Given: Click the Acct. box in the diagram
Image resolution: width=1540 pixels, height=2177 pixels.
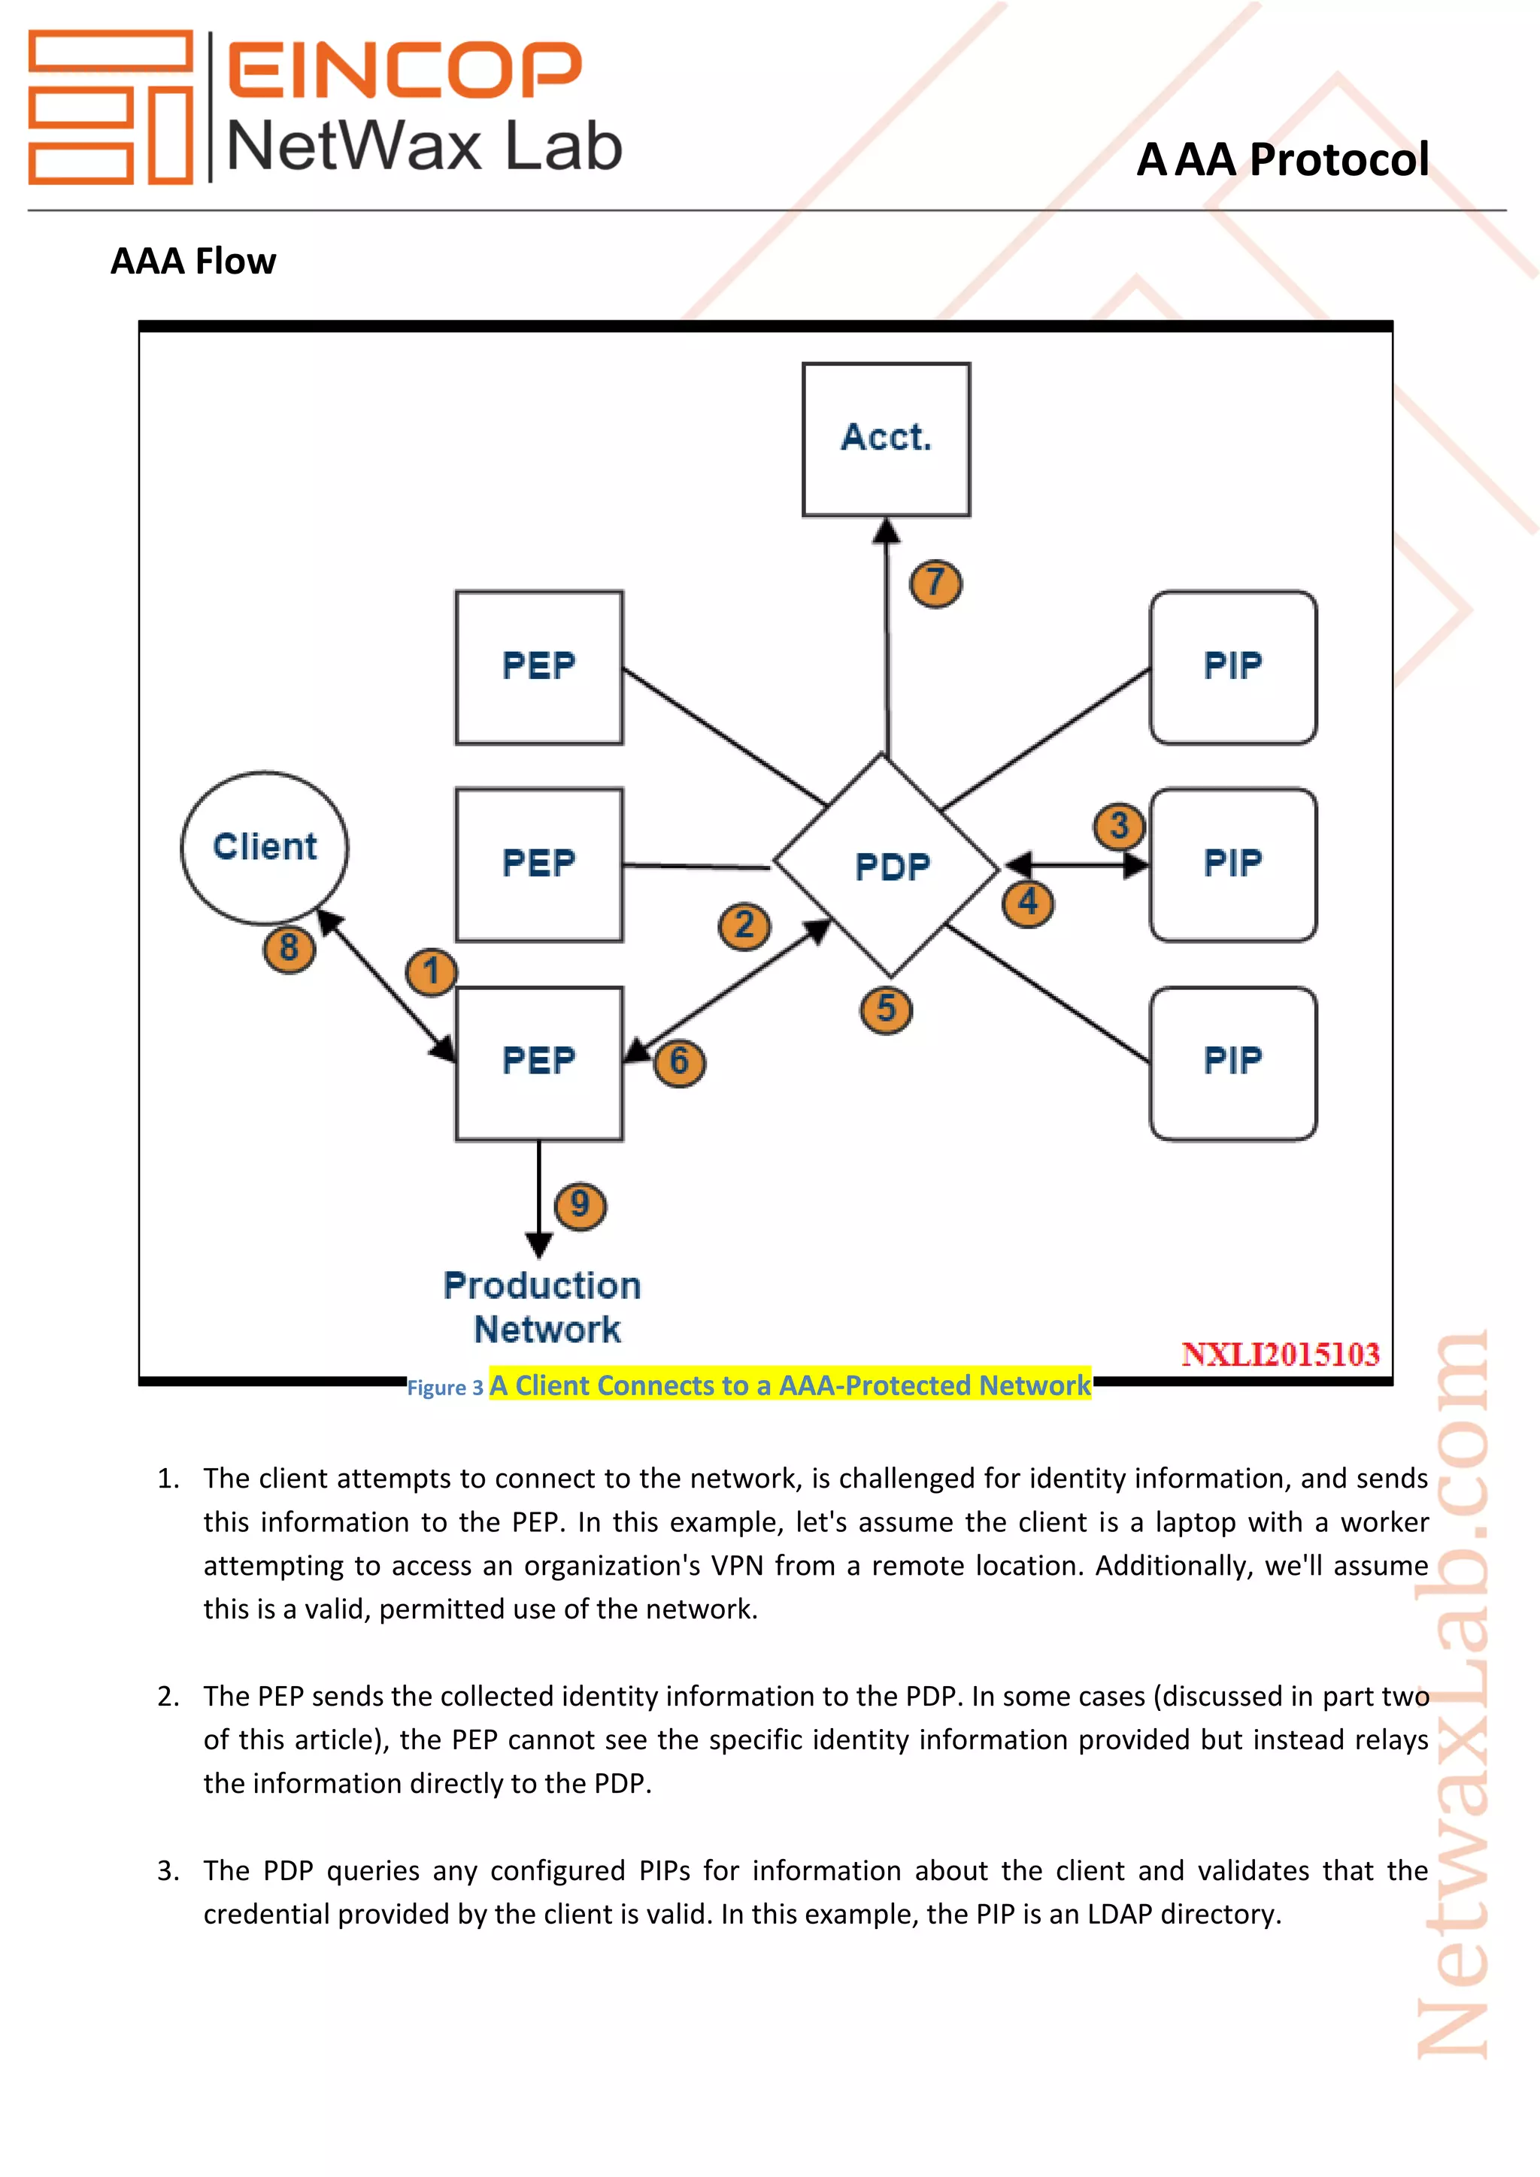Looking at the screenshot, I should pos(886,439).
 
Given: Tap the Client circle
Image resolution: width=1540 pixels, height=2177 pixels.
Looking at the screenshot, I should pos(265,846).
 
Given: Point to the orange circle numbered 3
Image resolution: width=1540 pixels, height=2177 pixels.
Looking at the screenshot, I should pos(1119,826).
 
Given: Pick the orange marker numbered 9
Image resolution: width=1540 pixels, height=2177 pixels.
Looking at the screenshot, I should pos(580,1205).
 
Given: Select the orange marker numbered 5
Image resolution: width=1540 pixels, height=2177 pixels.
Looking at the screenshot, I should pos(886,1009).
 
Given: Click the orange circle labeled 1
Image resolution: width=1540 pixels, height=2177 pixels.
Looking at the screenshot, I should pos(432,972).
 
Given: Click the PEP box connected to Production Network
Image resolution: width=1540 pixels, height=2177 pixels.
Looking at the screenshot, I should pos(538,1062).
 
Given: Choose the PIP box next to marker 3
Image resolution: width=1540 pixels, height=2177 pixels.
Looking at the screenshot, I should pos(1232,864).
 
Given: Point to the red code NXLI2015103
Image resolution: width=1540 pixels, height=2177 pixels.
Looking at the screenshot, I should pos(1279,1354).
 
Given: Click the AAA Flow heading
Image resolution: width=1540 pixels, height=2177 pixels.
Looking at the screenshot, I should pos(193,261).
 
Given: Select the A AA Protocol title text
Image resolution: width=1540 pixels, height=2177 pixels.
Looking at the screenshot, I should pos(1282,159).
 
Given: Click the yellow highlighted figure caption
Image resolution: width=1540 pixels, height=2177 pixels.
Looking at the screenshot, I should pos(789,1385).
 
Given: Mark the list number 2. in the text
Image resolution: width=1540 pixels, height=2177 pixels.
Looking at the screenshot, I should pos(168,1697).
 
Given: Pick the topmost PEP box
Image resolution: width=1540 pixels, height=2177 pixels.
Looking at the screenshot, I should pos(538,667).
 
